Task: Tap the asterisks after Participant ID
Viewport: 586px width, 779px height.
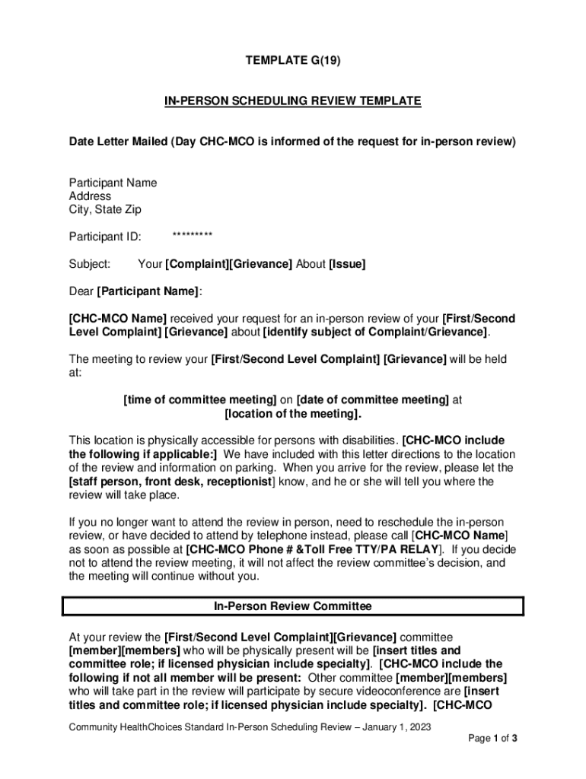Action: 192,236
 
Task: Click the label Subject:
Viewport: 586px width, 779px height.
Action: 90,264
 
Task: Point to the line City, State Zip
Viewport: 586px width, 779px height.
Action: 105,209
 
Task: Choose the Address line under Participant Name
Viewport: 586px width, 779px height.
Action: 90,196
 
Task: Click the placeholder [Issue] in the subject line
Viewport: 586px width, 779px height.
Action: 347,264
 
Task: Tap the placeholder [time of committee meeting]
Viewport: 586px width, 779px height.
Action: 200,399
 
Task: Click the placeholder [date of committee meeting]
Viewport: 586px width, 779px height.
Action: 372,399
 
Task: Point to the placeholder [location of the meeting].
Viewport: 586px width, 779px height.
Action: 293,413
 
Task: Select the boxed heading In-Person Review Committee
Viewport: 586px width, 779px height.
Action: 292,606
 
